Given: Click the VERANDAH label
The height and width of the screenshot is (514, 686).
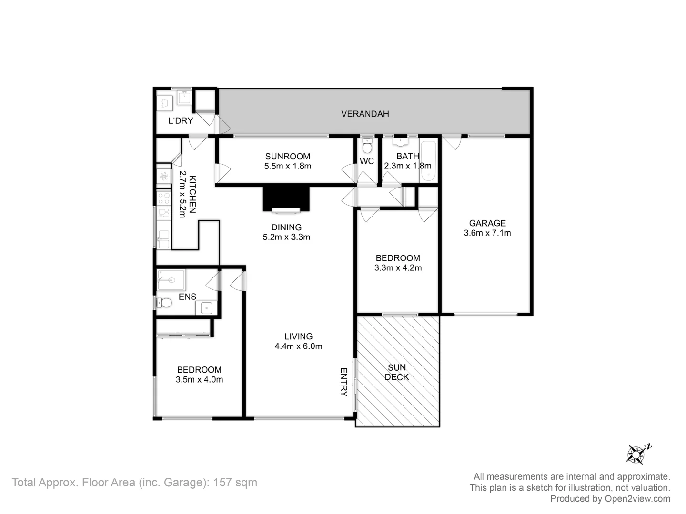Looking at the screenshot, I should pos(365,114).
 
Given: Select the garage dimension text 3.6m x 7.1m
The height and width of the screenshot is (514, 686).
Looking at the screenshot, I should pos(487,233).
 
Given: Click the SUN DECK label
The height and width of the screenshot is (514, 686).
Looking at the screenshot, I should pos(397,372).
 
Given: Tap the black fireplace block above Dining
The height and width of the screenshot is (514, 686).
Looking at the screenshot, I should pos(286,198).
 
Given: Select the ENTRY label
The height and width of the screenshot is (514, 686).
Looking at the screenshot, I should pos(344,382).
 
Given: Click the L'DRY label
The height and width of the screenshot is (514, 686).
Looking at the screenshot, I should pos(181,121).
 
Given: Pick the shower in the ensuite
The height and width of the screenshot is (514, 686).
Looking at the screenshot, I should pos(171,280).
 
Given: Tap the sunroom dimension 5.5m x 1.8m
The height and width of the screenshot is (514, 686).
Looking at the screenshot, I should pos(287,166).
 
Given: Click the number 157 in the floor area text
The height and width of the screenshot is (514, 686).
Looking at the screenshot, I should pos(223,483).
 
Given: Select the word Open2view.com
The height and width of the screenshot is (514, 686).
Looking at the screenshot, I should pos(637,499).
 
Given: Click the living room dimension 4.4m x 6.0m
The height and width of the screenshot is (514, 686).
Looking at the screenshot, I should pos(298,346).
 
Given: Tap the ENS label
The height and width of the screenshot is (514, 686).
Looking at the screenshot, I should pos(187,297).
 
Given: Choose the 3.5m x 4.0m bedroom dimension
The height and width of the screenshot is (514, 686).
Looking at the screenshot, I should pos(199,380).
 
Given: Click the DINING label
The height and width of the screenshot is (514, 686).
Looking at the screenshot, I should pos(286,227).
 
